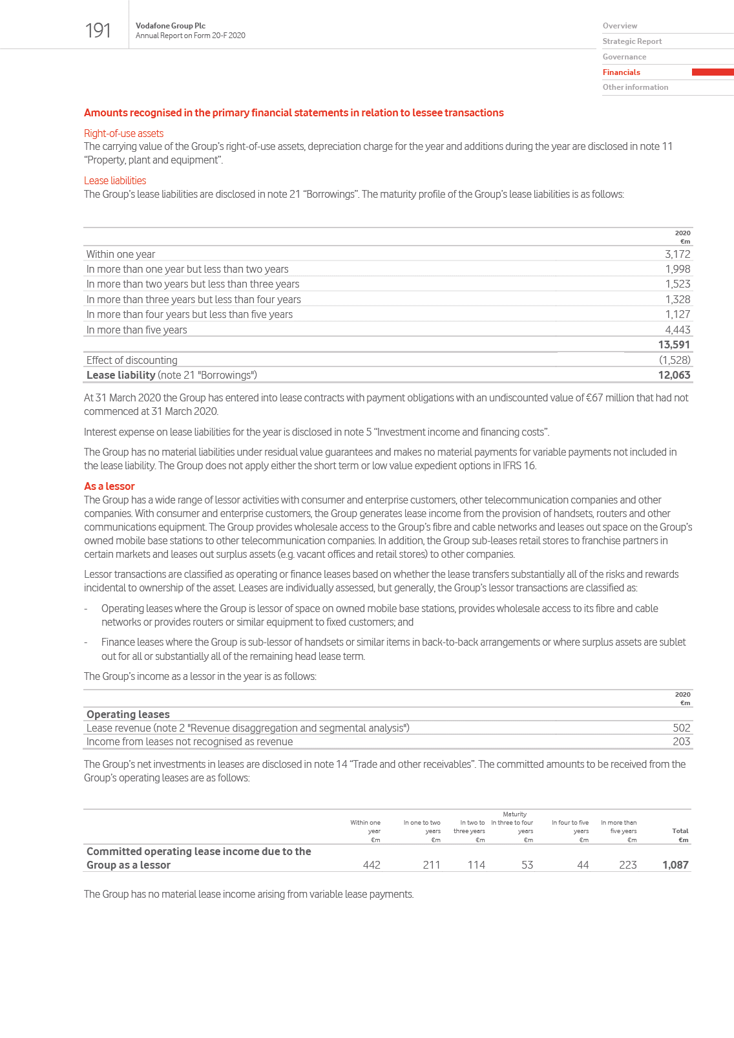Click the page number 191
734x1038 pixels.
(98, 30)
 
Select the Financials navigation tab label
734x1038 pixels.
(621, 72)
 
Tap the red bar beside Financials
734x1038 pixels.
(712, 72)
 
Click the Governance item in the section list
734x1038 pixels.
(624, 57)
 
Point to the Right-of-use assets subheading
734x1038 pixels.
(123, 134)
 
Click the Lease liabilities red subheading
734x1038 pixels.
(115, 181)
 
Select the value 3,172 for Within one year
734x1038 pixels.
(677, 255)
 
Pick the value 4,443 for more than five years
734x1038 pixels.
(677, 330)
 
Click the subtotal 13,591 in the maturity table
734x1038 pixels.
(674, 345)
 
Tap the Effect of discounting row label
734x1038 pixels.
(132, 361)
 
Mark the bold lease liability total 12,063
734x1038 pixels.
(674, 376)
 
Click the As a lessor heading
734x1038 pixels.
(109, 487)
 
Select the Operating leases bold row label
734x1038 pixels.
(128, 714)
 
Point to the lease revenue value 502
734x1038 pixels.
(681, 728)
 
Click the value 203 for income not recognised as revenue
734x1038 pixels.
(681, 742)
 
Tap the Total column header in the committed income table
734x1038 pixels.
(680, 831)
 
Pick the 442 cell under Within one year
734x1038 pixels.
(372, 865)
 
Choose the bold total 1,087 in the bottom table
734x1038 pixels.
(675, 865)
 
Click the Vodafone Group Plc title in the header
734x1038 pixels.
(171, 26)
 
